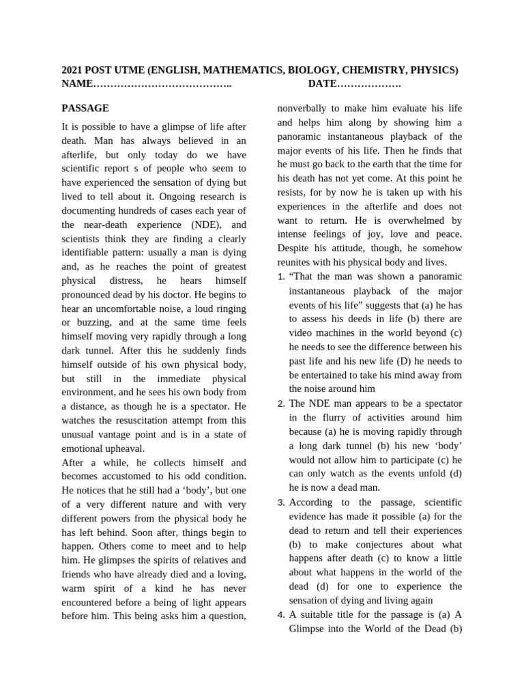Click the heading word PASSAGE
click(x=85, y=108)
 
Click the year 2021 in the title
click(x=74, y=70)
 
